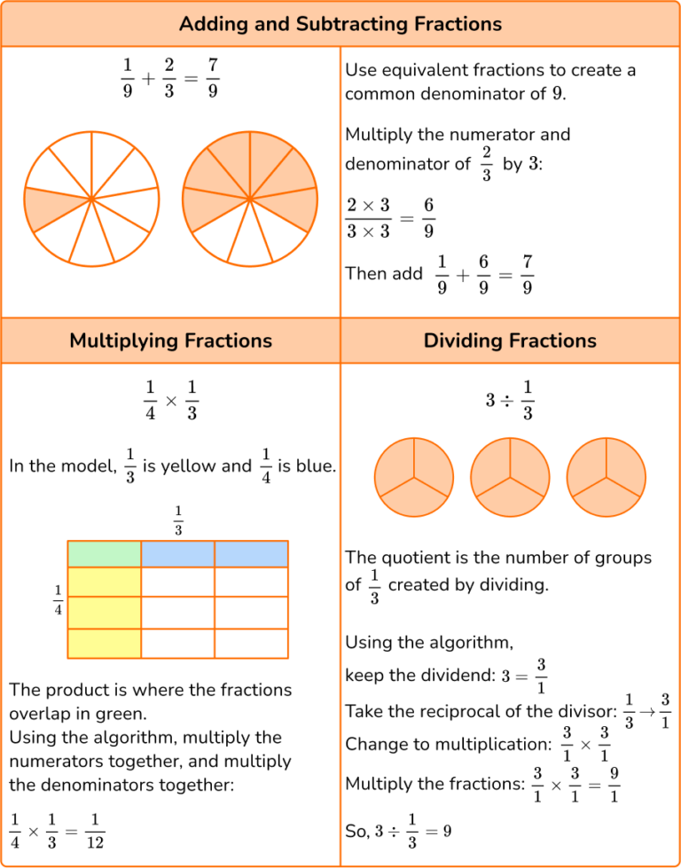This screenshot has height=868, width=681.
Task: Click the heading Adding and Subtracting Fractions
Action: point(340,24)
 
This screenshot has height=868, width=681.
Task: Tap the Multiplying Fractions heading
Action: point(170,340)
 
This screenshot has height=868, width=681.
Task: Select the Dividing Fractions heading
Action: point(510,340)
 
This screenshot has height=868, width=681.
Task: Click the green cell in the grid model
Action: point(105,554)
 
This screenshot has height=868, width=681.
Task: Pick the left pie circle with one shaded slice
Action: point(91,199)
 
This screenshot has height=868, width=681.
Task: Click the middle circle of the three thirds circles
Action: point(510,480)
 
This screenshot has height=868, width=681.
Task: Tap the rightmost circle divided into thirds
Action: point(606,480)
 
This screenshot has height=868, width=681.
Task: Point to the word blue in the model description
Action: point(316,465)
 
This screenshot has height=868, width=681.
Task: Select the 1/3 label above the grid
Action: point(178,520)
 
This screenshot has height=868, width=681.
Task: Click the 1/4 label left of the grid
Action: point(59,600)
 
